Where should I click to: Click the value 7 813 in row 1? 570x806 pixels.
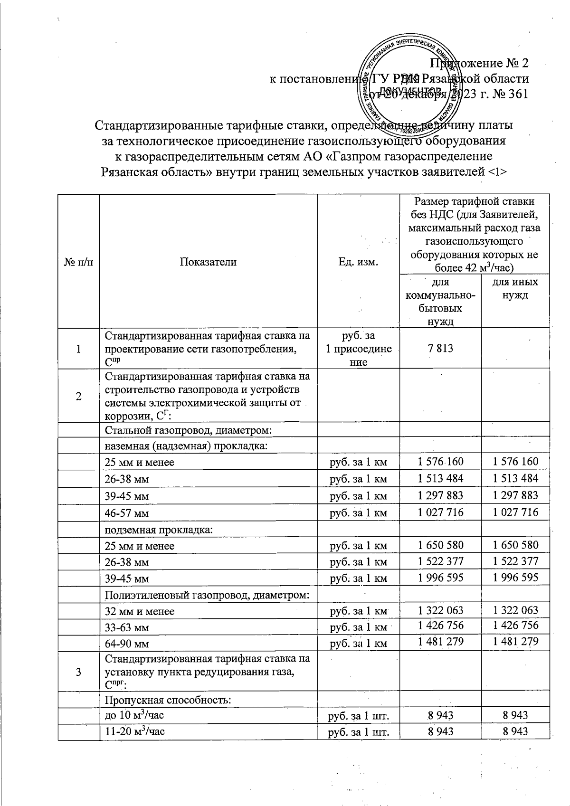(x=440, y=349)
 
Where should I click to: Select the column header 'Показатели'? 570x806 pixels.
(x=208, y=262)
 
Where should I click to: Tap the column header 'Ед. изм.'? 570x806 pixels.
(x=358, y=262)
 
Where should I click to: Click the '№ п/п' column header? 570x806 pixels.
(x=78, y=262)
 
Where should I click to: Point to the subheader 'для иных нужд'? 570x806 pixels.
(x=515, y=288)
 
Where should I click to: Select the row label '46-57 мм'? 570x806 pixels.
(x=126, y=513)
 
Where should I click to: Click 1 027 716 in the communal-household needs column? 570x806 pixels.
(x=440, y=512)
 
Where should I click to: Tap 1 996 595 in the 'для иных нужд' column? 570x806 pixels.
(x=515, y=577)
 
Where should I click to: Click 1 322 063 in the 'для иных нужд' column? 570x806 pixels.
(x=515, y=610)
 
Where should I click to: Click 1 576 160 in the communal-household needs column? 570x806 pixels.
(x=440, y=462)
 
